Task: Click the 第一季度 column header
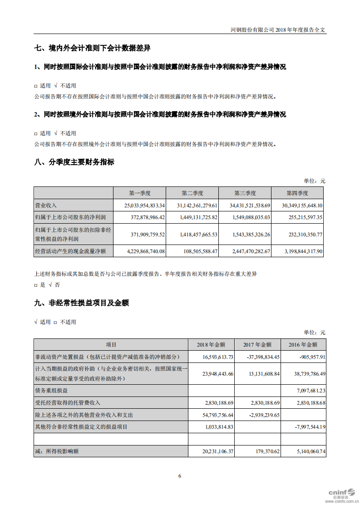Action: (139, 193)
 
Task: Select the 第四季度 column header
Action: (297, 193)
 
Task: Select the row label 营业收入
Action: (46, 206)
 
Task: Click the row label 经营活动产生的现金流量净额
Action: (70, 251)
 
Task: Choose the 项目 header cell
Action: (111, 345)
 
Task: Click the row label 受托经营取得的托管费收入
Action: (68, 402)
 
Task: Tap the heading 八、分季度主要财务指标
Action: (74, 162)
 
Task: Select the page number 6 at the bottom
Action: (180, 476)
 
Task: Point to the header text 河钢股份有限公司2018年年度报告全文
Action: (278, 29)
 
